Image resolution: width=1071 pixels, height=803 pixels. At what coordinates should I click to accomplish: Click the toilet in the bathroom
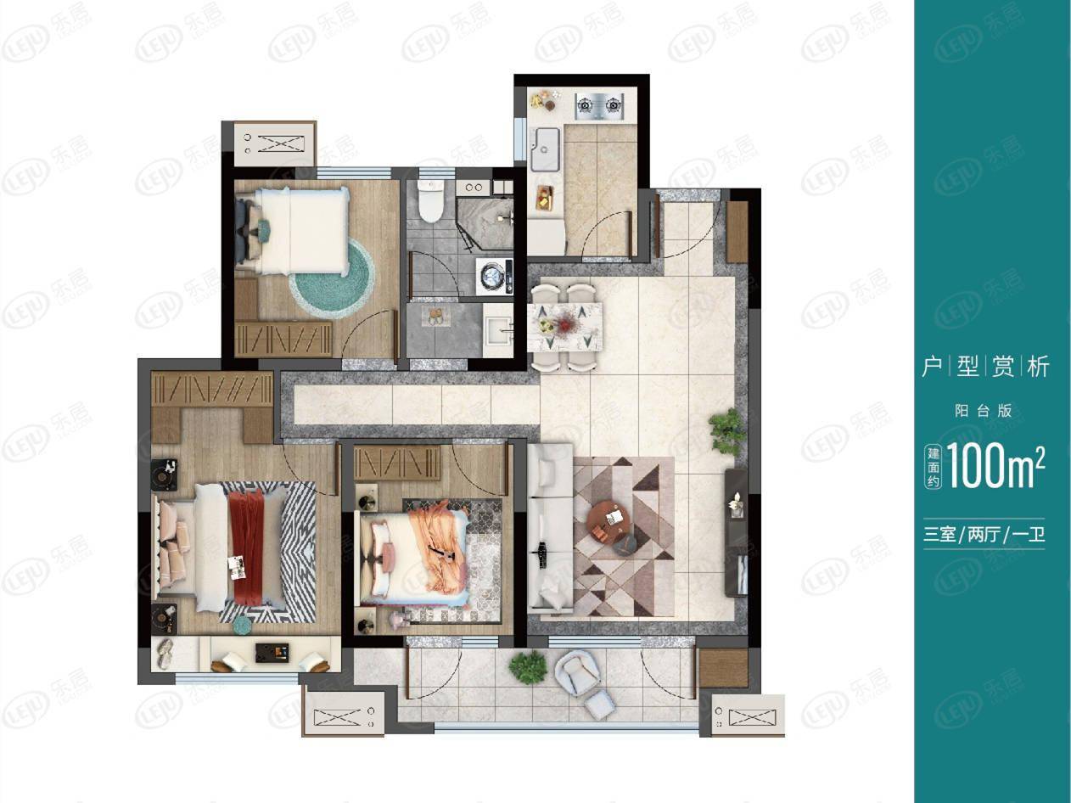pyautogui.click(x=431, y=199)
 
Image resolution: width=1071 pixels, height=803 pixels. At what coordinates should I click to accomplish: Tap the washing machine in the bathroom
pyautogui.click(x=494, y=277)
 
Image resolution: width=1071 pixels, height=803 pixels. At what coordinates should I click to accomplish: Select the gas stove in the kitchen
pyautogui.click(x=599, y=106)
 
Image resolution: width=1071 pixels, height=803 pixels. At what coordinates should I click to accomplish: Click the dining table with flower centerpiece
pyautogui.click(x=565, y=326)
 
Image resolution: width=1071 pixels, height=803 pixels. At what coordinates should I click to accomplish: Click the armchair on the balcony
pyautogui.click(x=578, y=673)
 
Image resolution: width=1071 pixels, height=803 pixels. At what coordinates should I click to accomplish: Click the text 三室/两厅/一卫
pyautogui.click(x=984, y=535)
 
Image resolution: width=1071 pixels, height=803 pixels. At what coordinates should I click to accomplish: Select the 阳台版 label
pyautogui.click(x=984, y=411)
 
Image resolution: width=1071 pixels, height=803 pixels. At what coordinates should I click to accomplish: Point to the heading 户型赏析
pyautogui.click(x=984, y=367)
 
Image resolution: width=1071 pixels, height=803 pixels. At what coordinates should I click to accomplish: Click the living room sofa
pyautogui.click(x=551, y=528)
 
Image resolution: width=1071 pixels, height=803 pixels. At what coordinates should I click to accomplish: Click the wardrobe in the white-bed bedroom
pyautogui.click(x=283, y=339)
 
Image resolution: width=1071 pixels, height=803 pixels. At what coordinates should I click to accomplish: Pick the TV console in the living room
pyautogui.click(x=737, y=532)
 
